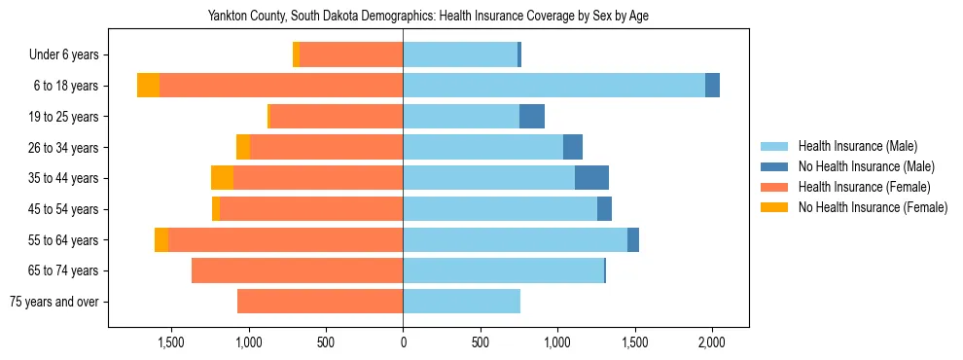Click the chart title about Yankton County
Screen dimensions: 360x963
pyautogui.click(x=428, y=17)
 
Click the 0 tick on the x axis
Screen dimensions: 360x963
pyautogui.click(x=403, y=342)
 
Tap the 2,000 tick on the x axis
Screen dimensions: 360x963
pyautogui.click(x=712, y=342)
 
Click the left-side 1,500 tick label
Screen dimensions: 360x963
pyautogui.click(x=171, y=342)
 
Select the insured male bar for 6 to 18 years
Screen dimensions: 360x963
pyautogui.click(x=554, y=86)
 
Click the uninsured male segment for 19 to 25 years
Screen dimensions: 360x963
pyautogui.click(x=532, y=117)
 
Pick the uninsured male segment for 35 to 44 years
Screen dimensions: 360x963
pyautogui.click(x=591, y=178)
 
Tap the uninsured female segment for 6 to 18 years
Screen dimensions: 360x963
pyautogui.click(x=148, y=86)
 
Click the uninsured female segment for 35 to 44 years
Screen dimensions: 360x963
pyautogui.click(x=222, y=178)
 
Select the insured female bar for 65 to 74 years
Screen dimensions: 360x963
pyautogui.click(x=297, y=270)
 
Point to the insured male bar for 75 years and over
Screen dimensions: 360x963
pyautogui.click(x=461, y=302)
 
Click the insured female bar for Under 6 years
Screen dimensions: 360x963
pyautogui.click(x=351, y=55)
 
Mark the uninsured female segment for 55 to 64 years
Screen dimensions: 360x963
pyautogui.click(x=161, y=240)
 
